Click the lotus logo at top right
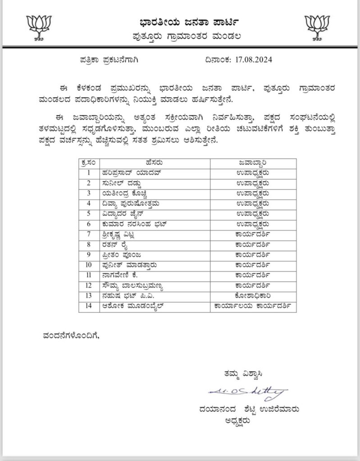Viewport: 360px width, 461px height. tap(318, 27)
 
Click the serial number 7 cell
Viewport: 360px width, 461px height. tap(89, 234)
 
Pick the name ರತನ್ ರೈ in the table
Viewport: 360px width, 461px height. tap(119, 244)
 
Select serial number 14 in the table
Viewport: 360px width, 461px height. tap(89, 306)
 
